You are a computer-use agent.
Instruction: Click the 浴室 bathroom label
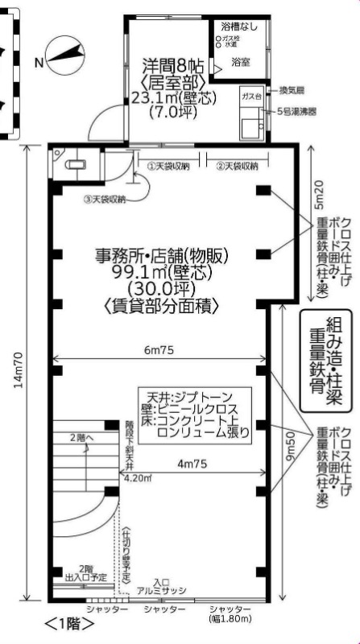tap(239, 60)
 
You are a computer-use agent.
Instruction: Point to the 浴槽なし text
tap(241, 27)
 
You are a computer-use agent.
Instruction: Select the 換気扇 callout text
tap(291, 89)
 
